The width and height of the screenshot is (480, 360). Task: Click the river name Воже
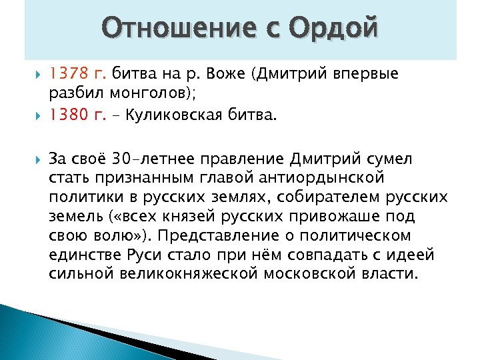click(229, 74)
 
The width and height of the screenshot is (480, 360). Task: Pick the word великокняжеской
click(202, 274)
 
